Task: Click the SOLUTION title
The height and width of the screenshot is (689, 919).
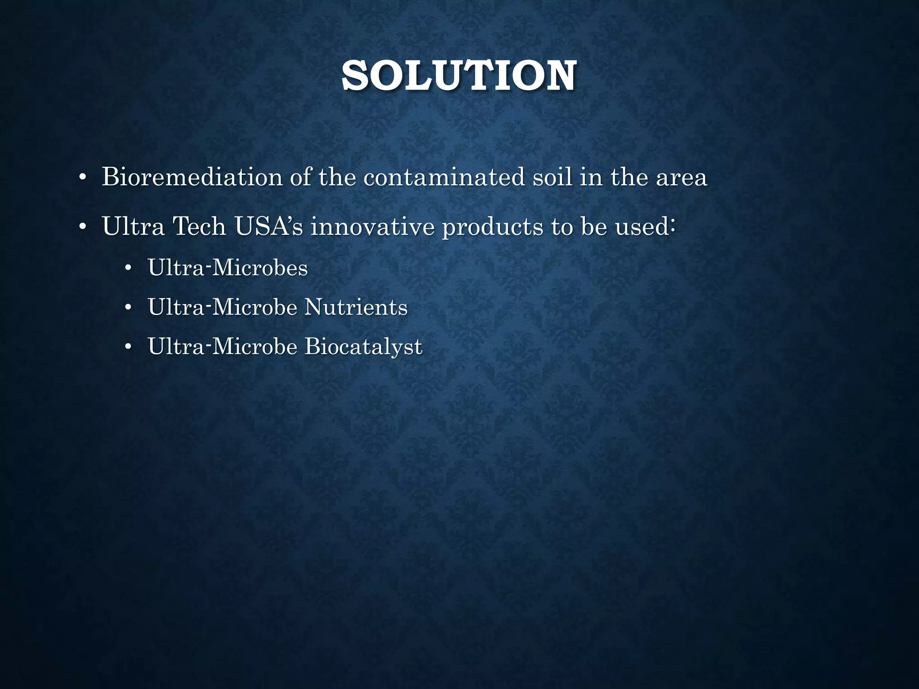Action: tap(459, 76)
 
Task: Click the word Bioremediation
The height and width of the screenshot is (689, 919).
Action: tap(192, 177)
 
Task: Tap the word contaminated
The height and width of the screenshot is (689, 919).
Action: tap(444, 177)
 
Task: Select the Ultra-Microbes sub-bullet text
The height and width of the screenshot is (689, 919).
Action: tap(228, 268)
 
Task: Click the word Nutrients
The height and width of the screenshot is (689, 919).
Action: tap(356, 307)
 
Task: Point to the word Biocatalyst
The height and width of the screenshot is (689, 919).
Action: tap(363, 347)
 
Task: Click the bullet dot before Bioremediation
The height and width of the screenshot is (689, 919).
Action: tap(82, 178)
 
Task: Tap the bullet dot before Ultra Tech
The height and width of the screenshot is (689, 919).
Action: tap(82, 227)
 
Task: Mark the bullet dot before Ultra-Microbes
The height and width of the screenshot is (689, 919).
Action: tap(128, 269)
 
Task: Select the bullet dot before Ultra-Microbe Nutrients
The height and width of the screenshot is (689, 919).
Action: tap(128, 308)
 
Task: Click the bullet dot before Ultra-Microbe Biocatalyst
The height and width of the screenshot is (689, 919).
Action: tap(128, 348)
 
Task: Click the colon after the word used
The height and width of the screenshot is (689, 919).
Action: tap(672, 227)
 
